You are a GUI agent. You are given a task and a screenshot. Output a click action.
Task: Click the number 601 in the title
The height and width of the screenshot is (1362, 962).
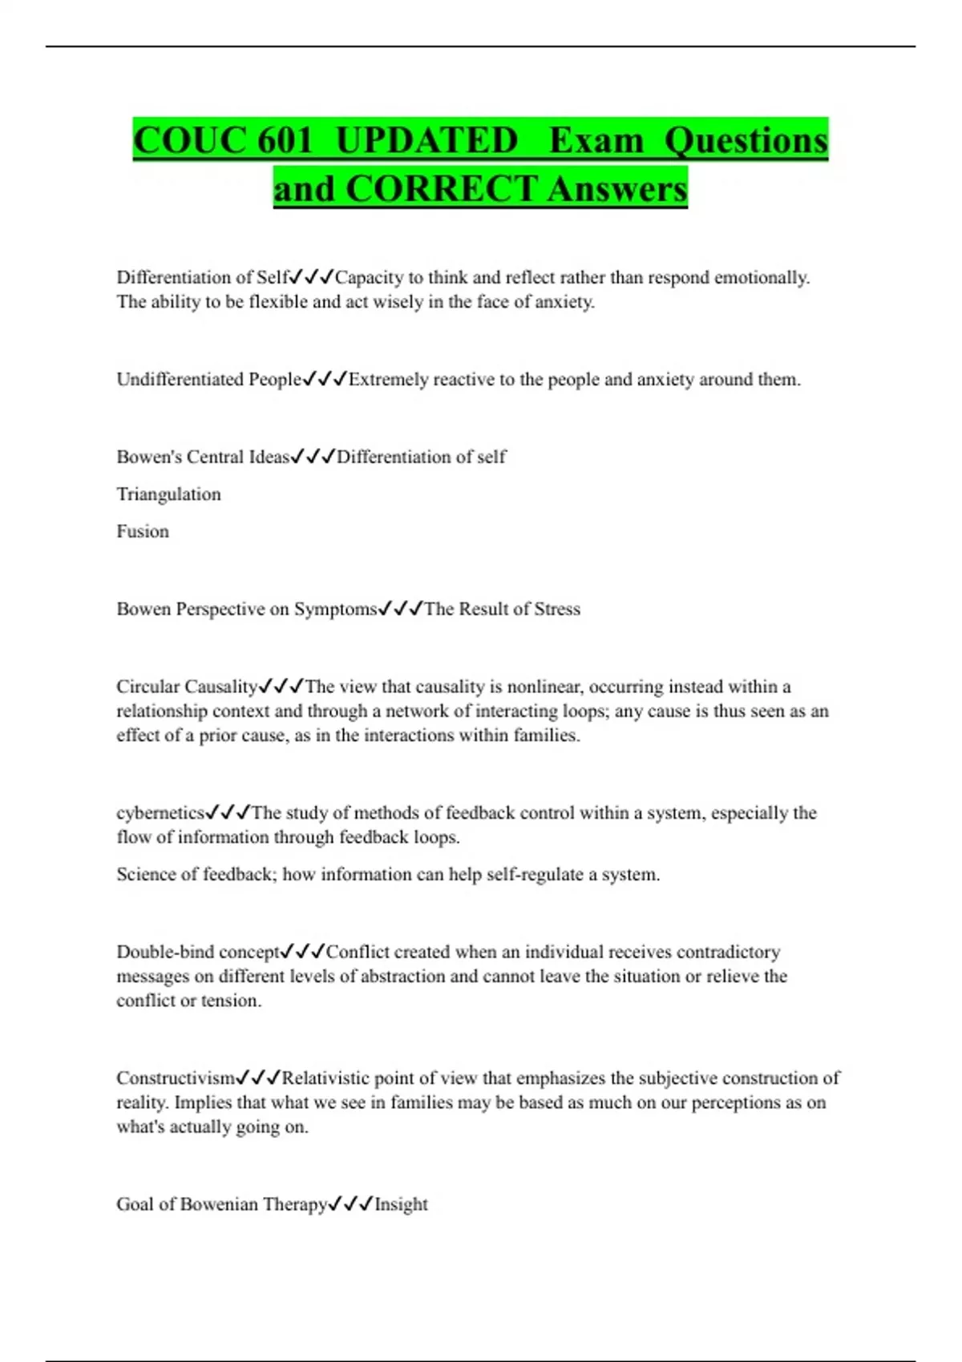[285, 140]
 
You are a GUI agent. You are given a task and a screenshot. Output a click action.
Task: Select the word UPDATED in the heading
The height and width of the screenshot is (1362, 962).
[426, 140]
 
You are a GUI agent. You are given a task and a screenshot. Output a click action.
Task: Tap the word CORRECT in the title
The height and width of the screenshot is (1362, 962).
[441, 189]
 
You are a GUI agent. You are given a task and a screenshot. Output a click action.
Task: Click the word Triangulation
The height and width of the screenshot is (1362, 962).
[168, 494]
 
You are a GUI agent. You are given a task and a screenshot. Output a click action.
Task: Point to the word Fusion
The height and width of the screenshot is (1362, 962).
[143, 531]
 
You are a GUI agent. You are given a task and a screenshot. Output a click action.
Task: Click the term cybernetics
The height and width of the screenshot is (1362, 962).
[160, 813]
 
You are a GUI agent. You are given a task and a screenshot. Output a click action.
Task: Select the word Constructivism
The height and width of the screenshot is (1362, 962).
[176, 1078]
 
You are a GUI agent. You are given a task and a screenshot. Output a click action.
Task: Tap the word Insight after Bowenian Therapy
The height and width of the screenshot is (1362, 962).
[401, 1204]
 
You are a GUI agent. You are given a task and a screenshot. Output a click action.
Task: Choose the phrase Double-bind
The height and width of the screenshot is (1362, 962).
[165, 952]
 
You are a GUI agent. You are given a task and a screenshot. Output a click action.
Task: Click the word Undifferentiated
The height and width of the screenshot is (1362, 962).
[180, 379]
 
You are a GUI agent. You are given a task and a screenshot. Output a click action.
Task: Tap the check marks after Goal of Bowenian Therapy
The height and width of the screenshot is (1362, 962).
[350, 1204]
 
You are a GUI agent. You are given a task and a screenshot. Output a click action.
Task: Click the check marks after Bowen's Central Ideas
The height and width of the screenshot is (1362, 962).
[313, 457]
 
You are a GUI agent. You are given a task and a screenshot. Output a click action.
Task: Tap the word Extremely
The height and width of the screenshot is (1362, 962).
[389, 379]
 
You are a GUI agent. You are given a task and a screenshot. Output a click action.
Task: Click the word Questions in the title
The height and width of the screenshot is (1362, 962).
[746, 140]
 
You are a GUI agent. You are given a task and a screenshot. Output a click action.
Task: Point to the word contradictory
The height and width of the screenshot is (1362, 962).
[729, 952]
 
